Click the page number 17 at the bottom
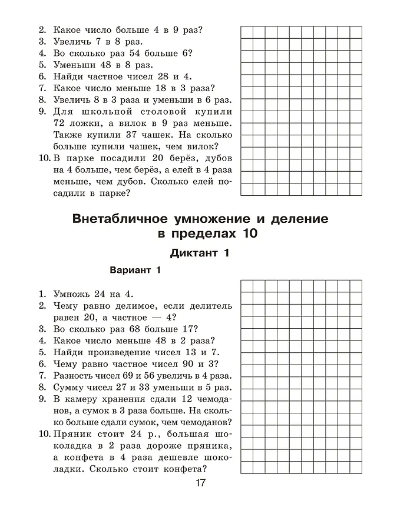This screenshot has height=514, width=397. point(200,483)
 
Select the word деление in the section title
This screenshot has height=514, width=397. point(297,219)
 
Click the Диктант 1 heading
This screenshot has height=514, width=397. point(198,253)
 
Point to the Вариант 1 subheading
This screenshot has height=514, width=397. point(135,271)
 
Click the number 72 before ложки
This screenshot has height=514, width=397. point(59,124)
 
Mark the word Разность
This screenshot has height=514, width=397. point(77,376)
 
